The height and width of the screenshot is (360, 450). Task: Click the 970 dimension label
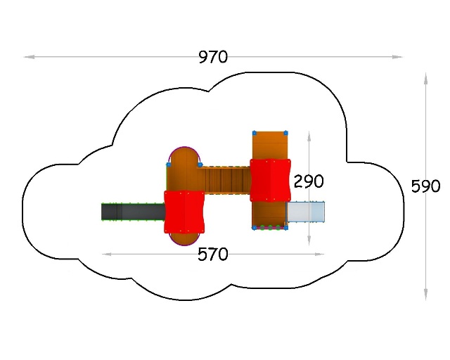(213, 57)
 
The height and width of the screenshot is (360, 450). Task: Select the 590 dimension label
(425, 186)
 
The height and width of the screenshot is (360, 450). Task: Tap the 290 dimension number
(309, 181)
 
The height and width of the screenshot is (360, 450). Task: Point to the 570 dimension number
(213, 255)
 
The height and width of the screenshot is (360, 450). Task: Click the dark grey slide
(133, 212)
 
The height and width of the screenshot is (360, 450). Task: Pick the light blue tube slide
(306, 212)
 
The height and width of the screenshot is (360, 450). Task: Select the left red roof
(184, 212)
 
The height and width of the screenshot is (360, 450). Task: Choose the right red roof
(270, 180)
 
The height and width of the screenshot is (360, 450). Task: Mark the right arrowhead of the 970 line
(397, 57)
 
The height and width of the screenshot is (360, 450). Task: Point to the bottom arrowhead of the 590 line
(426, 295)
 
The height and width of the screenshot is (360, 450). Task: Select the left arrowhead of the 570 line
(107, 254)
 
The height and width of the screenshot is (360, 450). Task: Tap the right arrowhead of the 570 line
(319, 254)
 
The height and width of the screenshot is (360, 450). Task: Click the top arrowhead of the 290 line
(309, 136)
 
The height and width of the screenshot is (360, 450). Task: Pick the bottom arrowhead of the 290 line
(309, 240)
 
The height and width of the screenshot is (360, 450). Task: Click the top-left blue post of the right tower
(255, 133)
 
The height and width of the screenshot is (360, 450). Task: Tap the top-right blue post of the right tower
(285, 133)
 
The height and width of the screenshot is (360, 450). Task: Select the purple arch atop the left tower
(184, 147)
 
